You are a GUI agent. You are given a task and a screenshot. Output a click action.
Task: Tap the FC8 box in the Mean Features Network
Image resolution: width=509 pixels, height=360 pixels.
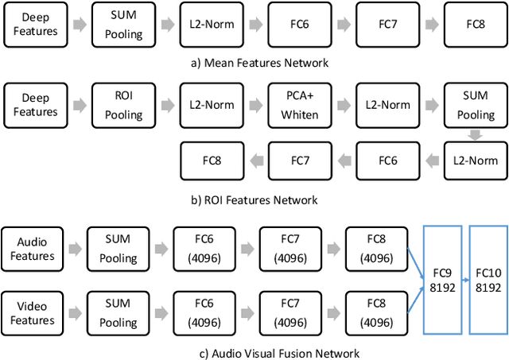pyautogui.click(x=474, y=24)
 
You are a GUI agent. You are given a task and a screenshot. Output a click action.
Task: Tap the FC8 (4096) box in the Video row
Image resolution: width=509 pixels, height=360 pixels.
pyautogui.click(x=375, y=313)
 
